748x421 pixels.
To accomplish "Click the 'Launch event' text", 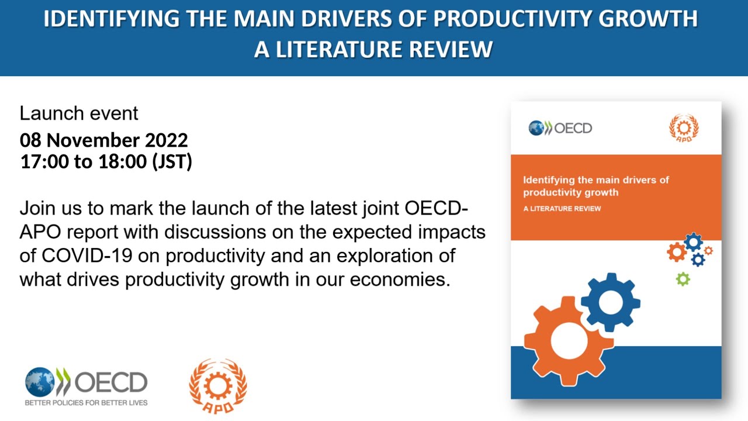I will [x=79, y=113].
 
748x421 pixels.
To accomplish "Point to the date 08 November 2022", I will [x=104, y=140].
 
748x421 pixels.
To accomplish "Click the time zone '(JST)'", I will [x=172, y=161].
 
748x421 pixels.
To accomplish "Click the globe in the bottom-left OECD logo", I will [x=39, y=382].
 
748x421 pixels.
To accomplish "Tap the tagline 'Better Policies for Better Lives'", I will [x=86, y=403].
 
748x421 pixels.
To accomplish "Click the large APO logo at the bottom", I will [x=218, y=386].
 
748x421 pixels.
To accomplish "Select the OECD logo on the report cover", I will [x=560, y=127].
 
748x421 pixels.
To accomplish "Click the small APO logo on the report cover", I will [x=684, y=128].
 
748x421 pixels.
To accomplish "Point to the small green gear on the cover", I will [x=683, y=279].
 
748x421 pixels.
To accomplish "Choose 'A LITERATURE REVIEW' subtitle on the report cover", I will [x=562, y=209].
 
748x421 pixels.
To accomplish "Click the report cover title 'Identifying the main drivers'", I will [x=595, y=180].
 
